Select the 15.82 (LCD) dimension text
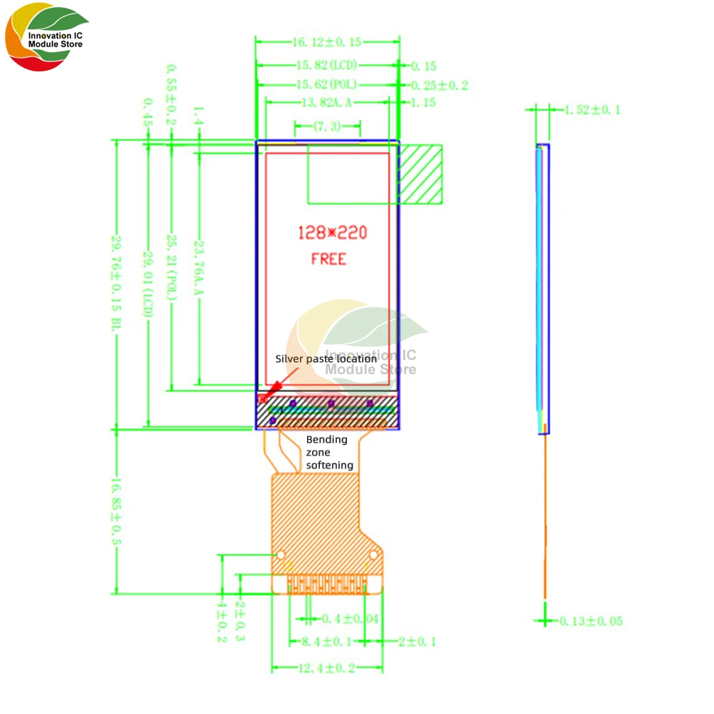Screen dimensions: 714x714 click(x=326, y=66)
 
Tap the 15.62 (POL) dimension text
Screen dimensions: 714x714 click(x=326, y=85)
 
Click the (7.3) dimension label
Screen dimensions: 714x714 click(x=327, y=126)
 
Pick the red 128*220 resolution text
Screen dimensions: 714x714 click(x=332, y=233)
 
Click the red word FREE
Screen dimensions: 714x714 click(x=328, y=258)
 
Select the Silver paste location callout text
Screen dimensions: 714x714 click(x=326, y=359)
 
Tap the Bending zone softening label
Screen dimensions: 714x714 click(x=329, y=452)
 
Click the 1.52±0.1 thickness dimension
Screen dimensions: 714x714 click(x=592, y=110)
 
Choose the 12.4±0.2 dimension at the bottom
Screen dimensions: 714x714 click(x=327, y=668)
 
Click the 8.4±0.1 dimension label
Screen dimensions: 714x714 click(x=326, y=642)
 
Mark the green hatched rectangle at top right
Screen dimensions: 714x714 click(x=421, y=174)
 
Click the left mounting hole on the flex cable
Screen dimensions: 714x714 click(x=281, y=555)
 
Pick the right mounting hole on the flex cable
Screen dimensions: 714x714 click(x=373, y=555)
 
